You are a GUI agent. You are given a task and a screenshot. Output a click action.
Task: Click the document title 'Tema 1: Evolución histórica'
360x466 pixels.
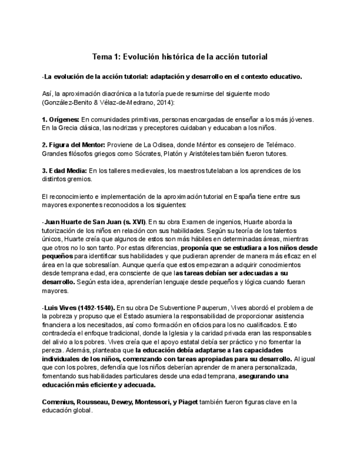pyautogui.click(x=180, y=57)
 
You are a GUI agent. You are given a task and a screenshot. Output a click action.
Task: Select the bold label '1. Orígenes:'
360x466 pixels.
pyautogui.click(x=60, y=119)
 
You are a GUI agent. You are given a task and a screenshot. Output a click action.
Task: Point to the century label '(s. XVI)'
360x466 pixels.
pyautogui.click(x=133, y=221)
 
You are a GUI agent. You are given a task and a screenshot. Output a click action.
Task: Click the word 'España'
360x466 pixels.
pyautogui.click(x=228, y=196)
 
